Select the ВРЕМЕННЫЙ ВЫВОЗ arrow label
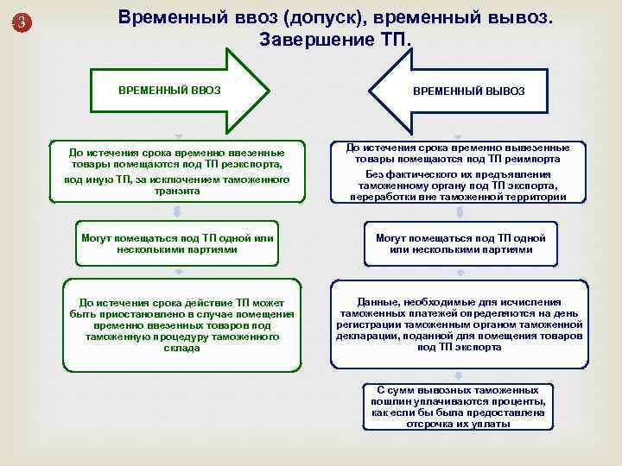point(468,91)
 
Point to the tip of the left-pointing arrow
point(370,89)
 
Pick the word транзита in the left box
point(176,191)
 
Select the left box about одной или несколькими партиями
point(176,243)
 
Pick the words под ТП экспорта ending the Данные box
point(460,347)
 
